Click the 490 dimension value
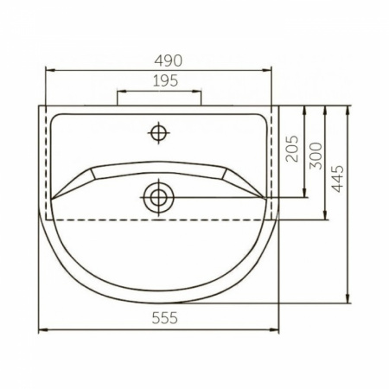pyautogui.click(x=169, y=61)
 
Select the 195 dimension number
pyautogui.click(x=165, y=81)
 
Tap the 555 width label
pyautogui.click(x=164, y=318)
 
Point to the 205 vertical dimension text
pyautogui.click(x=292, y=149)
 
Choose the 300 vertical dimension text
pyautogui.click(x=316, y=156)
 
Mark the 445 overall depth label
pyautogui.click(x=337, y=179)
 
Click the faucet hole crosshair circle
pyautogui.click(x=158, y=133)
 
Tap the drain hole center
pyautogui.click(x=158, y=198)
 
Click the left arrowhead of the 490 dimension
pyautogui.click(x=50, y=70)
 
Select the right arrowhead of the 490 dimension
pyautogui.click(x=266, y=70)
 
